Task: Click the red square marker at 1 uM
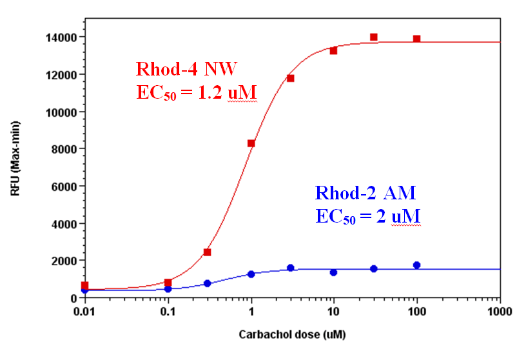tap(251, 143)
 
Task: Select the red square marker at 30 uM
tap(373, 37)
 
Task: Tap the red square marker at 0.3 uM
tap(208, 252)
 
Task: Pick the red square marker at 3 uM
tap(291, 78)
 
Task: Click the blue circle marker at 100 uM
tap(417, 265)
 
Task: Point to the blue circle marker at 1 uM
tap(251, 274)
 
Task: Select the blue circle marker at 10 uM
tap(334, 272)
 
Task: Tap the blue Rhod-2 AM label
tap(366, 192)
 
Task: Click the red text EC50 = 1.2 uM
tap(197, 92)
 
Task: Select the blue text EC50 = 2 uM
tap(368, 215)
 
